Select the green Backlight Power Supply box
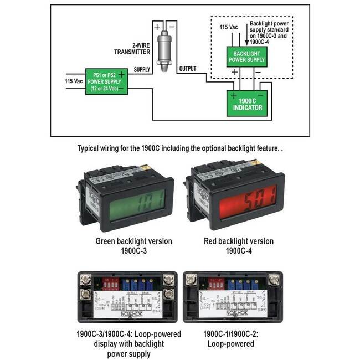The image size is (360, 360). tap(246, 56)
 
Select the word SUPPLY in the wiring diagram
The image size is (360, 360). tap(142, 69)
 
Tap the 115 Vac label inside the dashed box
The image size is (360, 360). tap(229, 28)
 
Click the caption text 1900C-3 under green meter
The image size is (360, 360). tap(133, 251)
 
